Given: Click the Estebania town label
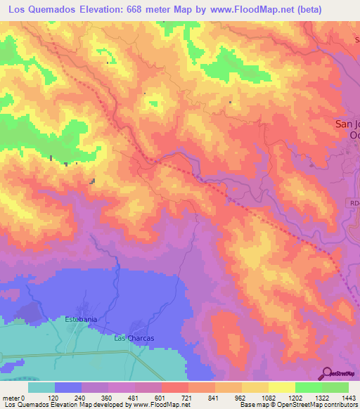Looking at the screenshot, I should pos(80,320).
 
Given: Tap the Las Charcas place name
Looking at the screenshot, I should pos(134,338).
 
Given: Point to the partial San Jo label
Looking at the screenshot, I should pos(347,124).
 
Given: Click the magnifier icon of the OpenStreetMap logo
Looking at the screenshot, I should pos(327,372).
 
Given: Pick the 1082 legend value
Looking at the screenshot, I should pos(269,396).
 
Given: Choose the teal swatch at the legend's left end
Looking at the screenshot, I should pos(41,387).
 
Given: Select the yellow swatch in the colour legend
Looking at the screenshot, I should pos(282,387).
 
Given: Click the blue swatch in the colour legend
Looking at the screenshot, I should pos(68,387).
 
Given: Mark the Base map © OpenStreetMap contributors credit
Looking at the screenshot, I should pos(297,405).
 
